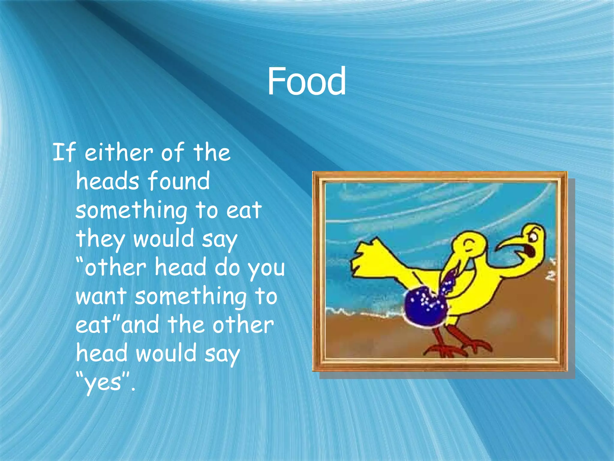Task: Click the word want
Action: pyautogui.click(x=101, y=296)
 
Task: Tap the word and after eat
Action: pyautogui.click(x=140, y=325)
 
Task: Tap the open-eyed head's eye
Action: pyautogui.click(x=534, y=238)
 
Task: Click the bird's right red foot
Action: pyautogui.click(x=477, y=345)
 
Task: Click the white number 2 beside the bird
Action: pyautogui.click(x=550, y=276)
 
